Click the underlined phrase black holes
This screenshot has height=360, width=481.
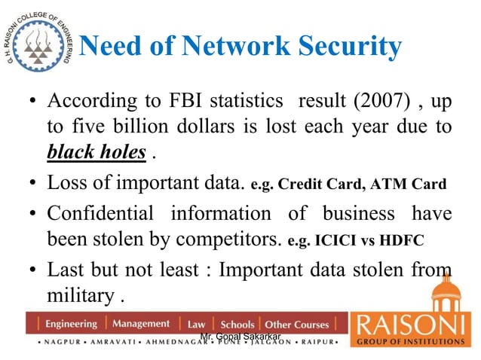pos(97,153)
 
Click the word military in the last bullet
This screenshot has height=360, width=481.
pos(79,294)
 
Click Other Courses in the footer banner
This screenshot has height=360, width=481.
pos(297,325)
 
